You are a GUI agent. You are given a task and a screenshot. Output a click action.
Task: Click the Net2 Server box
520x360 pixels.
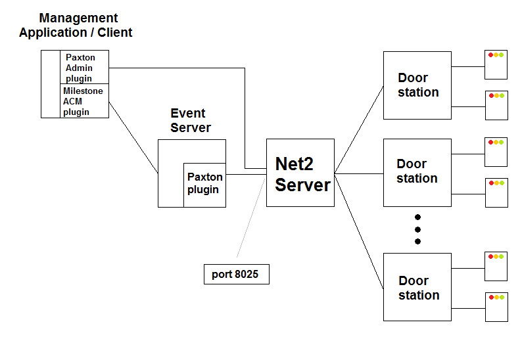(x=300, y=173)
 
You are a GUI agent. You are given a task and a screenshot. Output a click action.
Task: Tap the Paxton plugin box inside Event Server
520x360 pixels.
(x=204, y=184)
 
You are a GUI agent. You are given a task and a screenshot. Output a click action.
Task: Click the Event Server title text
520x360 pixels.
(x=190, y=120)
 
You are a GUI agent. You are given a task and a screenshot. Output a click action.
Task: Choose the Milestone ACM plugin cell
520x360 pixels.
(x=84, y=101)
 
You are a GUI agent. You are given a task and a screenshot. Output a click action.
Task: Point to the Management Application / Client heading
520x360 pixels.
(x=76, y=25)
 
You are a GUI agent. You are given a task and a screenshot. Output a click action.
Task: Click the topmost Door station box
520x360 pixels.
(x=417, y=85)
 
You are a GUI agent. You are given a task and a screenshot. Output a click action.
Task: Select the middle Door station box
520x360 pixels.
(x=417, y=172)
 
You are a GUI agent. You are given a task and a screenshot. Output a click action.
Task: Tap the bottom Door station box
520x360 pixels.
(x=417, y=287)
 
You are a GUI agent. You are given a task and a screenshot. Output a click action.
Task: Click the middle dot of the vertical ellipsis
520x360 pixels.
(x=417, y=229)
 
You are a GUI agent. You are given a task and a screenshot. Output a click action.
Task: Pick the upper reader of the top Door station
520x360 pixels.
(x=496, y=66)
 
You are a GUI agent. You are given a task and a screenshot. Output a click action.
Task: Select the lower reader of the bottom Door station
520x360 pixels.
(x=496, y=307)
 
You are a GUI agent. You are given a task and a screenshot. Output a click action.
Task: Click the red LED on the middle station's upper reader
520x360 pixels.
(x=491, y=143)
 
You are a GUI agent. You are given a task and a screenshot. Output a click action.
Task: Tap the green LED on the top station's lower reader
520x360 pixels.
(x=502, y=95)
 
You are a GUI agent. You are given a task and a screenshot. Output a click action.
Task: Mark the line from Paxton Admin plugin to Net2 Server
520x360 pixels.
(x=177, y=68)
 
